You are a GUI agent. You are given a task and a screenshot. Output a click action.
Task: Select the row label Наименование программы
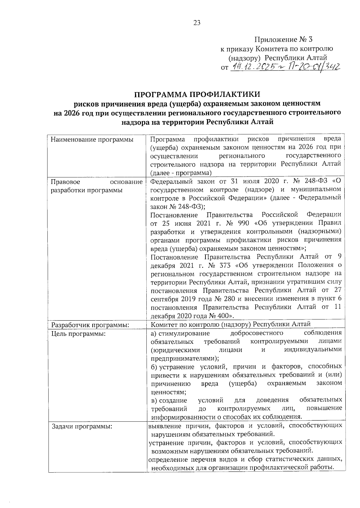(92, 140)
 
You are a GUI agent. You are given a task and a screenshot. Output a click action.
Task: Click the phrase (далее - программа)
(181, 173)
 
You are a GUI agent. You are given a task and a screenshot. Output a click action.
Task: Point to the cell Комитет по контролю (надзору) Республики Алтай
(230, 324)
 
